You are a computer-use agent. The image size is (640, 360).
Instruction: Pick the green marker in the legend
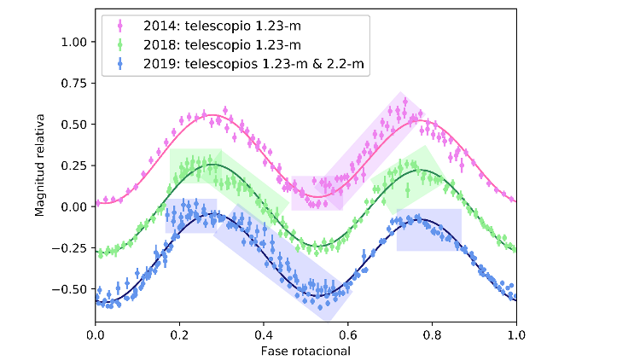pyautogui.click(x=117, y=43)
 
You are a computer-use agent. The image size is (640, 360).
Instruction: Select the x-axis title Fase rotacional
pyautogui.click(x=305, y=350)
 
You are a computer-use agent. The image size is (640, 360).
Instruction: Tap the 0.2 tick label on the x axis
pyautogui.click(x=179, y=334)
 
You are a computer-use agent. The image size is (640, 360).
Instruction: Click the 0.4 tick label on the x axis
pyautogui.click(x=264, y=334)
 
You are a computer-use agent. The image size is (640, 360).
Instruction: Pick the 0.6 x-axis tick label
pyautogui.click(x=347, y=334)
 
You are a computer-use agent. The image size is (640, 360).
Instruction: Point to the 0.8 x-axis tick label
pyautogui.click(x=432, y=334)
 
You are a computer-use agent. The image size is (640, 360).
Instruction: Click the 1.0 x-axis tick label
pyautogui.click(x=515, y=334)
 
